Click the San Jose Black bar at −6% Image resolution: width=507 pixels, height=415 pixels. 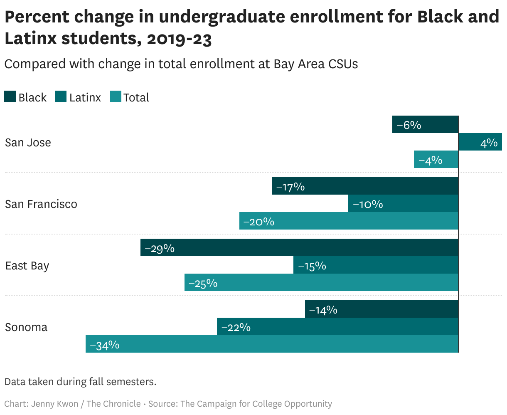425,125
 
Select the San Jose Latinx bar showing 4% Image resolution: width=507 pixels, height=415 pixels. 480,142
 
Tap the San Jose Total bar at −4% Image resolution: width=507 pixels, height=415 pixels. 436,160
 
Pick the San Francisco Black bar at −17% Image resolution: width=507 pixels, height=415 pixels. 365,186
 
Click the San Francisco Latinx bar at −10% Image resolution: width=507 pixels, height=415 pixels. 403,204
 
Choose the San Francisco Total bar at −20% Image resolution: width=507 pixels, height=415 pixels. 349,221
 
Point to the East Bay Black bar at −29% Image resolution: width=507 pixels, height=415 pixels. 299,248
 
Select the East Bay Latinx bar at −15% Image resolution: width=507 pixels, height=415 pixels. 376,265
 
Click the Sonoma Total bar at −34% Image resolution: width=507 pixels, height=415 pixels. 272,344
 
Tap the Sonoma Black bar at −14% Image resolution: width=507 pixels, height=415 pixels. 381,309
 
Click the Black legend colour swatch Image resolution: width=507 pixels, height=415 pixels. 10,97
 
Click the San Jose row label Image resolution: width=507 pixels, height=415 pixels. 28,143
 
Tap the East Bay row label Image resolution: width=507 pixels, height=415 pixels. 27,266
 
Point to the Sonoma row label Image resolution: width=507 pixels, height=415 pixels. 26,327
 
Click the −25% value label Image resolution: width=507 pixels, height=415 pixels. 203,283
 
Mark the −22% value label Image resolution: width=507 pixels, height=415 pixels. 236,327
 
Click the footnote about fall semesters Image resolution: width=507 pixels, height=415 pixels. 80,381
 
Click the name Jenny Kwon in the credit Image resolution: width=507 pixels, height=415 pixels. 54,404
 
